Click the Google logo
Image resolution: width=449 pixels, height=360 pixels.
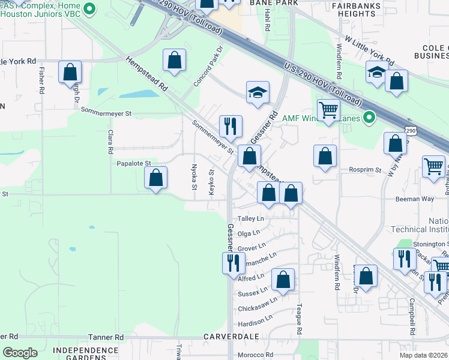(x=20, y=353)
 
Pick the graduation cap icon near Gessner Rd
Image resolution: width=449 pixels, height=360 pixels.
(x=258, y=92)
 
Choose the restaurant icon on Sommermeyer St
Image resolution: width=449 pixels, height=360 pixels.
(x=231, y=126)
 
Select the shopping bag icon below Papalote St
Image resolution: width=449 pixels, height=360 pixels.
(x=155, y=178)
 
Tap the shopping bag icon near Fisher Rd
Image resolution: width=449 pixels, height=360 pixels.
(x=70, y=72)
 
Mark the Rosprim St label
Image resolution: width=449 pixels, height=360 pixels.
(x=365, y=170)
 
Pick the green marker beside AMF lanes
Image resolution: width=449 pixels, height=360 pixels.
(x=369, y=118)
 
